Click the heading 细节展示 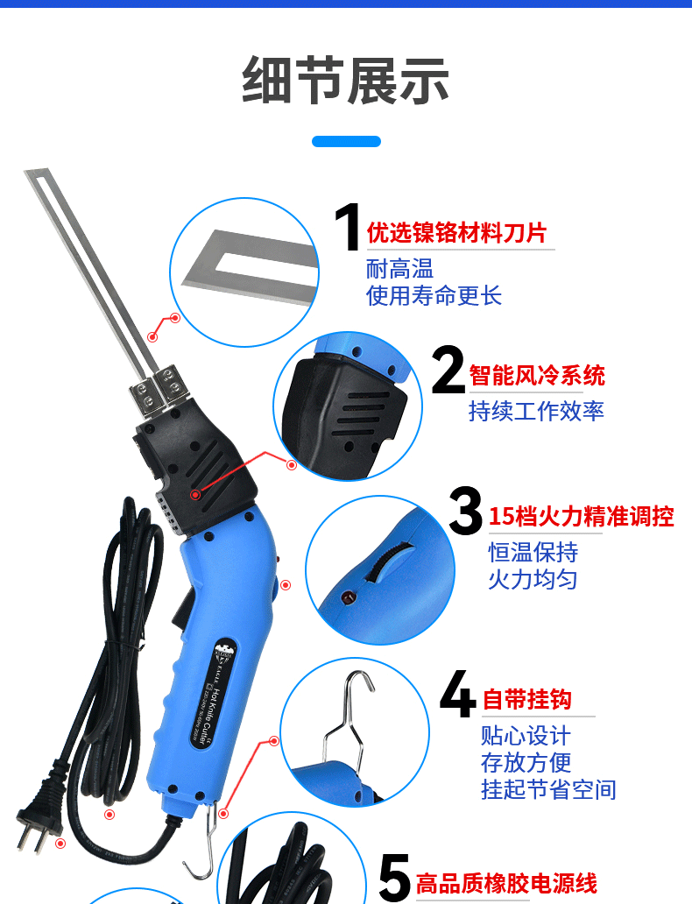345,81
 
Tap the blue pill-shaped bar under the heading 346,141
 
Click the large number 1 348,230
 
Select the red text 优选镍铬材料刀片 456,233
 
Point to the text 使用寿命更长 434,295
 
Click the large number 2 448,371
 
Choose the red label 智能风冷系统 537,376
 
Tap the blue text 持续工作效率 536,411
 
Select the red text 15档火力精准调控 581,516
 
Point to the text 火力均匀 533,579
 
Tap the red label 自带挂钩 527,699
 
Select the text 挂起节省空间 548,789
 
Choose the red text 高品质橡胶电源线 506,883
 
